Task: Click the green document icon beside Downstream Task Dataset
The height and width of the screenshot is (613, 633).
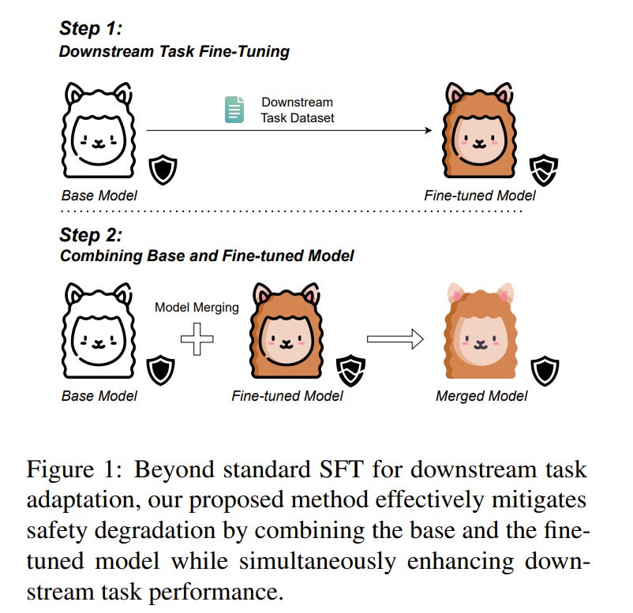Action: point(234,110)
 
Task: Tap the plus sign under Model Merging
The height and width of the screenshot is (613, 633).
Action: point(197,339)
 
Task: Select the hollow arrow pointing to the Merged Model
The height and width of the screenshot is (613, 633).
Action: point(395,338)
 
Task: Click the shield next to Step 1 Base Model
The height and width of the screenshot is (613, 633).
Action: point(163,170)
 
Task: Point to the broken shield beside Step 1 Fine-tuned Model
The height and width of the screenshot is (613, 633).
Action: point(543,169)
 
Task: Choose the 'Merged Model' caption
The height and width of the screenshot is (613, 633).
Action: point(481,396)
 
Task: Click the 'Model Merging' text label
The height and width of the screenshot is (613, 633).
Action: point(197,308)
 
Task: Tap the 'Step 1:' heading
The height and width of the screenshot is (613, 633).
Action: point(90,30)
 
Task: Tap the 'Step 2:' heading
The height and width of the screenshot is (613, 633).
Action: point(90,234)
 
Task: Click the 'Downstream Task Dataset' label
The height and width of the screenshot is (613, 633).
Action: point(297,110)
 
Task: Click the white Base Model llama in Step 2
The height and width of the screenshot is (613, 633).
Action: point(99,333)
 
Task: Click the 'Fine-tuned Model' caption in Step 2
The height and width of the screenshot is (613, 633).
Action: point(287,396)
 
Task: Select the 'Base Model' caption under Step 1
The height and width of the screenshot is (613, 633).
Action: point(99,195)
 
